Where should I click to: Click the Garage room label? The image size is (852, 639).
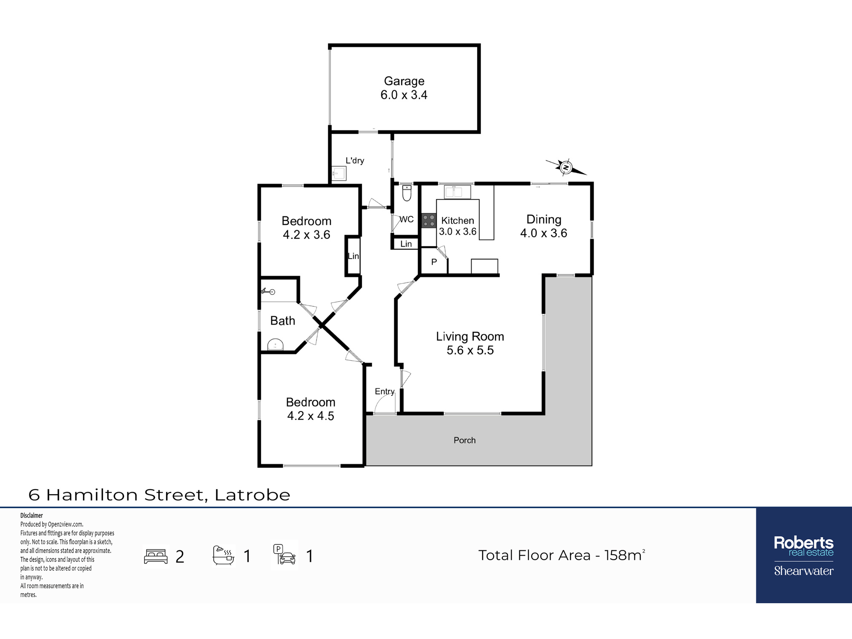[x=404, y=81]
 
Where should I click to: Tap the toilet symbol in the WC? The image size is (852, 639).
[x=407, y=193]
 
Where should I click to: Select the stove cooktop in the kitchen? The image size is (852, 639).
[x=429, y=221]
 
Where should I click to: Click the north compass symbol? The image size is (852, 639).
[x=566, y=167]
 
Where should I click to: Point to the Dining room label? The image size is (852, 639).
[x=544, y=219]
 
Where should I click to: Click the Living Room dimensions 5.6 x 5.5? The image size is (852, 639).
[x=470, y=350]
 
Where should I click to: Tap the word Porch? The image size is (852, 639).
[x=464, y=440]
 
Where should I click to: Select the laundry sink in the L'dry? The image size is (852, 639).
[x=340, y=173]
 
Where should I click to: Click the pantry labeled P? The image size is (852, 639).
[x=434, y=262]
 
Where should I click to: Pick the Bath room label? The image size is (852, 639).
[x=282, y=321]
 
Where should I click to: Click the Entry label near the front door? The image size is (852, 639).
[x=385, y=391]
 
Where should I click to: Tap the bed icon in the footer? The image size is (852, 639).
[x=156, y=556]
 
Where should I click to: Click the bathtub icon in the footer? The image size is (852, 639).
[x=224, y=555]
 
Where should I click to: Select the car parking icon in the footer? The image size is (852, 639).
[x=285, y=555]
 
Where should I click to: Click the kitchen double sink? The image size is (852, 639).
[x=458, y=192]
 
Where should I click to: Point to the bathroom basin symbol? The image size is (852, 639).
[x=275, y=345]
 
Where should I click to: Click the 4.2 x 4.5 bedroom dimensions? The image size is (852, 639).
[x=311, y=416]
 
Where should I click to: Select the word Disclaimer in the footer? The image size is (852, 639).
[x=32, y=515]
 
